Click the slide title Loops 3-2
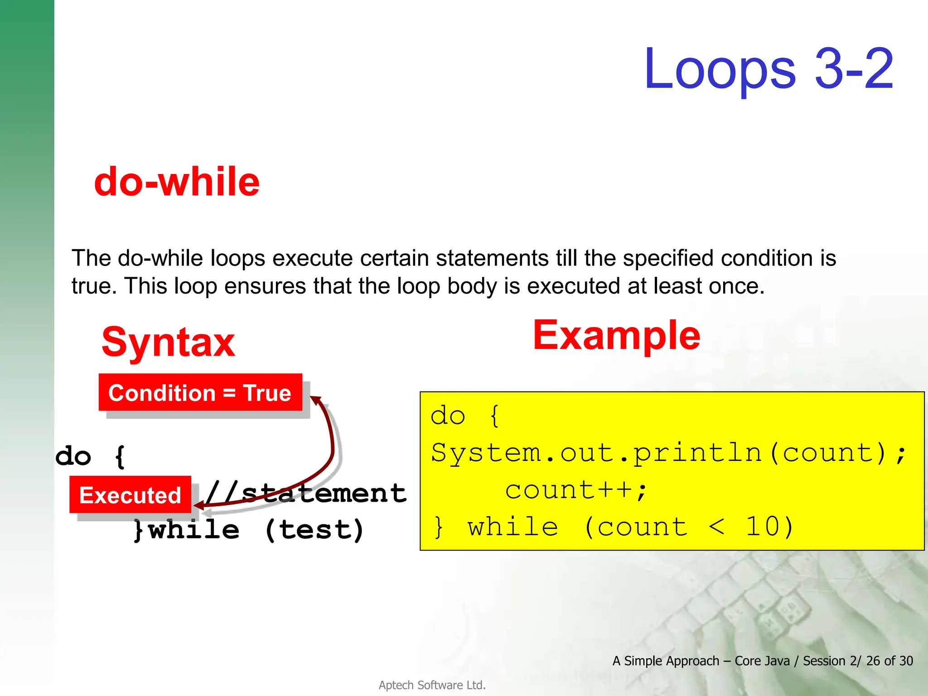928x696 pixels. [x=768, y=69]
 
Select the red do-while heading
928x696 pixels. [x=177, y=182]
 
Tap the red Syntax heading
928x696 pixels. [x=168, y=342]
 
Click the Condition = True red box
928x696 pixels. [x=200, y=392]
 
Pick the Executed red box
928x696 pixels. [x=130, y=495]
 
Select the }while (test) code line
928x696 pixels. [x=248, y=529]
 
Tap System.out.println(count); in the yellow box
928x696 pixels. [x=668, y=453]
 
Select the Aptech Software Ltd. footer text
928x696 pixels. [x=432, y=685]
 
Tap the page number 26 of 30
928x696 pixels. [x=889, y=661]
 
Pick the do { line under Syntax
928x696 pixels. [x=90, y=456]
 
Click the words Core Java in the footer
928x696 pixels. [x=762, y=661]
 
